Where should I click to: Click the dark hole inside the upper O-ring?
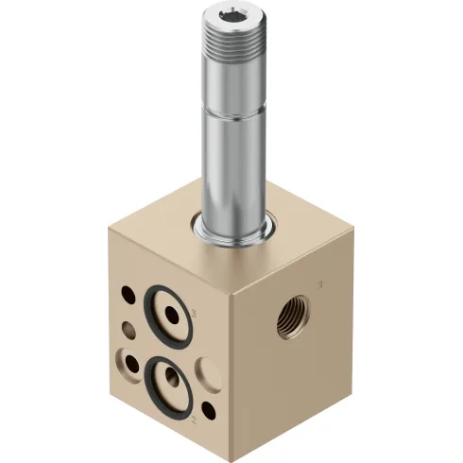point(170,311)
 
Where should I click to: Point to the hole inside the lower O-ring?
point(171,380)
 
